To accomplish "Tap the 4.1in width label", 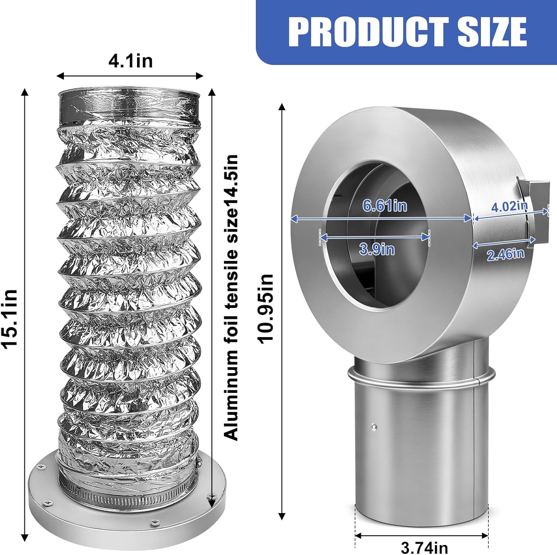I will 130,60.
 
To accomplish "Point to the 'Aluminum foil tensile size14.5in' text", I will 231,297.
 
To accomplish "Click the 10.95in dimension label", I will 266,309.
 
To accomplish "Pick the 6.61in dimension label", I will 385,206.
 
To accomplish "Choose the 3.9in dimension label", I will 377,249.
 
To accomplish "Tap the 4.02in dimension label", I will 509,206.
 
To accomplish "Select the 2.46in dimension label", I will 505,254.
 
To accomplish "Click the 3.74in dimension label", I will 424,547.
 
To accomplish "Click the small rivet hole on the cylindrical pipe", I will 374,427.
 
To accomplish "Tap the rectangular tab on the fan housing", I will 537,211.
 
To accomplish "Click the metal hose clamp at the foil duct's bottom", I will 126,495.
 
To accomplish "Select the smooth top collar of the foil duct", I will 129,108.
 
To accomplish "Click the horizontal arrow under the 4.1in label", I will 130,76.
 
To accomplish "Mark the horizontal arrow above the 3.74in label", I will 421,535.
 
